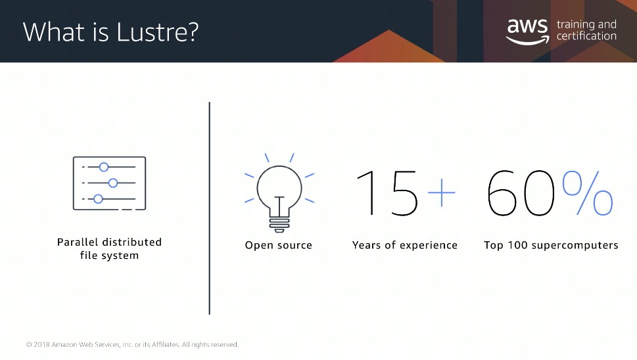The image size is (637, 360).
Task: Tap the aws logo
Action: click(x=528, y=32)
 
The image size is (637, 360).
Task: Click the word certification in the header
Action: click(x=586, y=36)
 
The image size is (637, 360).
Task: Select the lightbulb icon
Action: click(x=279, y=192)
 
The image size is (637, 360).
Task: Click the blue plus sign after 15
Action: click(x=442, y=192)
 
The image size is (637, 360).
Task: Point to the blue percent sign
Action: click(x=588, y=192)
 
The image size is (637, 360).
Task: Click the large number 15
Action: click(x=387, y=192)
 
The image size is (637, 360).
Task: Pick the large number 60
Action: click(x=521, y=192)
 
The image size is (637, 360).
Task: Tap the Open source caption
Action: click(x=278, y=245)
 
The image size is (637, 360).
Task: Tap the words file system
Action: click(x=109, y=256)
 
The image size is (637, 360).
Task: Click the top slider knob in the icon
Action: click(x=104, y=167)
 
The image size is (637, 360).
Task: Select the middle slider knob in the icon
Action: click(x=113, y=183)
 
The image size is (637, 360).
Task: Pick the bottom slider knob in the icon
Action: click(x=98, y=199)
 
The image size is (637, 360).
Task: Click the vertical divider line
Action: click(x=210, y=208)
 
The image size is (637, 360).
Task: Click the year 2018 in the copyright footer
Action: click(x=41, y=345)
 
